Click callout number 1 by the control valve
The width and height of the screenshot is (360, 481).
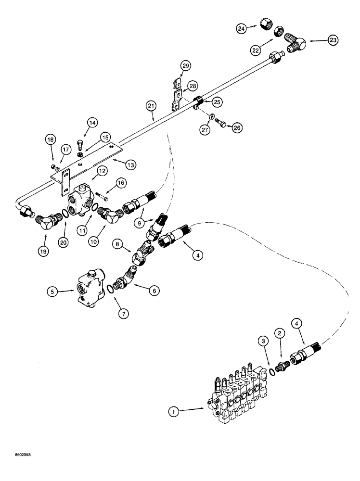point(174,411)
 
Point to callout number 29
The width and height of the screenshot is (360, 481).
point(187,65)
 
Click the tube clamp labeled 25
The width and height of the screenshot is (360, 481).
point(199,102)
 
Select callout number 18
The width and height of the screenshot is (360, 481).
point(50,139)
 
